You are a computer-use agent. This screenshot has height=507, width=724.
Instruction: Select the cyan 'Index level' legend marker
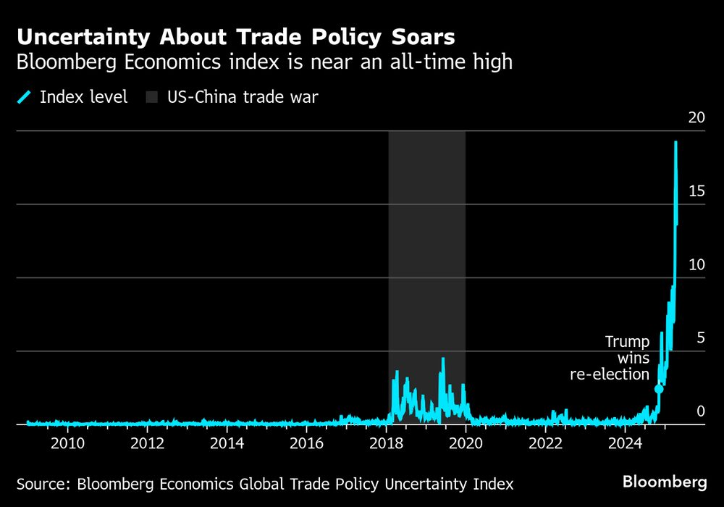click(25, 97)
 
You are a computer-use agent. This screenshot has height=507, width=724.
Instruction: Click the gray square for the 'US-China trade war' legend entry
click(152, 97)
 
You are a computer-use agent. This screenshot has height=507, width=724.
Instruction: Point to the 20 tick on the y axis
click(696, 118)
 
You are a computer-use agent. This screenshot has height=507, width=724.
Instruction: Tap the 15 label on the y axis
click(696, 191)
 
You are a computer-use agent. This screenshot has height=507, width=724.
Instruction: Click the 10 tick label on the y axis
click(696, 264)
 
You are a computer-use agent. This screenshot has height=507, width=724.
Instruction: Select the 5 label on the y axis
click(700, 338)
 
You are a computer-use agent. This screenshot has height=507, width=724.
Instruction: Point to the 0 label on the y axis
click(700, 411)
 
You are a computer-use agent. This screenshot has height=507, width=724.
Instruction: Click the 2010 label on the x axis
click(67, 443)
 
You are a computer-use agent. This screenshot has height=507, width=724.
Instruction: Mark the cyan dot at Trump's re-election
click(659, 390)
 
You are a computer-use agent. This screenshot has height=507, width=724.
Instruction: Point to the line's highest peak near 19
click(675, 143)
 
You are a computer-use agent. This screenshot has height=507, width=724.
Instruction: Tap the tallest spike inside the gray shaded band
click(442, 359)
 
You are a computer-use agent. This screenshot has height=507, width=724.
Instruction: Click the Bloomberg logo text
click(665, 482)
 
